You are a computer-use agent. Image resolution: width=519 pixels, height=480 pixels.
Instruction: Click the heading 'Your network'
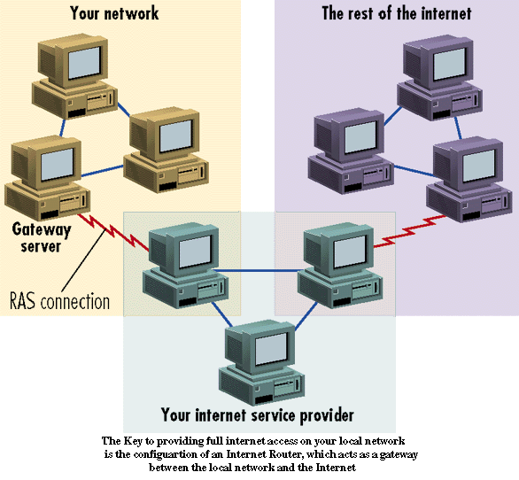[x=114, y=13]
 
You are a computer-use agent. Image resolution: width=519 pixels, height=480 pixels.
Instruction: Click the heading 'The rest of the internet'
[x=397, y=13]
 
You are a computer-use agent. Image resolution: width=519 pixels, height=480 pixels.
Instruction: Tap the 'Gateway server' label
[x=42, y=237]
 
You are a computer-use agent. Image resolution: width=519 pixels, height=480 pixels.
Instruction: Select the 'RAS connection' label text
[x=59, y=301]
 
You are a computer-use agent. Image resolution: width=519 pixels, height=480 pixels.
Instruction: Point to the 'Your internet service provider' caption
[x=257, y=415]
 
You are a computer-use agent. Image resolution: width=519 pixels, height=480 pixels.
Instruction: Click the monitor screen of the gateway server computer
[x=57, y=164]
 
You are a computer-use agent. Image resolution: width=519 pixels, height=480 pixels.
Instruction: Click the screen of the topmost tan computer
[x=84, y=62]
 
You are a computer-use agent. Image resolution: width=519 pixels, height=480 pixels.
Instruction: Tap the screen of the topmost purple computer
[x=450, y=65]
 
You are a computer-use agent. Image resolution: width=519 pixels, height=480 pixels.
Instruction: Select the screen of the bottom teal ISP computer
[x=271, y=349]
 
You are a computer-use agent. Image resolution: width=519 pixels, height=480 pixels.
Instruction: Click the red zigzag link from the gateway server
[x=113, y=232]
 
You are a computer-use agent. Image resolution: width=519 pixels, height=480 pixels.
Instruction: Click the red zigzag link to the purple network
[x=410, y=231]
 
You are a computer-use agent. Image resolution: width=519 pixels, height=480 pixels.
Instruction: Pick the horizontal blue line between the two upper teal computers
[x=257, y=271]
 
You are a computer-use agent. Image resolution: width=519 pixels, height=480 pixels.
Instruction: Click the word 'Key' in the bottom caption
[x=132, y=441]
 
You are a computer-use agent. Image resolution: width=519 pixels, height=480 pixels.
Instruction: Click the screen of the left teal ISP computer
[x=195, y=252]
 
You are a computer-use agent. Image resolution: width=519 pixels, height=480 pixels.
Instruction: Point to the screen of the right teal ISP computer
[x=350, y=252]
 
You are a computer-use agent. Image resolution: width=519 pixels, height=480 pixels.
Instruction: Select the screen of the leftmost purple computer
[x=360, y=137]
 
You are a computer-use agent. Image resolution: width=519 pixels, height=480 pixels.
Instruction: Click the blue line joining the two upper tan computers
[x=123, y=110]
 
